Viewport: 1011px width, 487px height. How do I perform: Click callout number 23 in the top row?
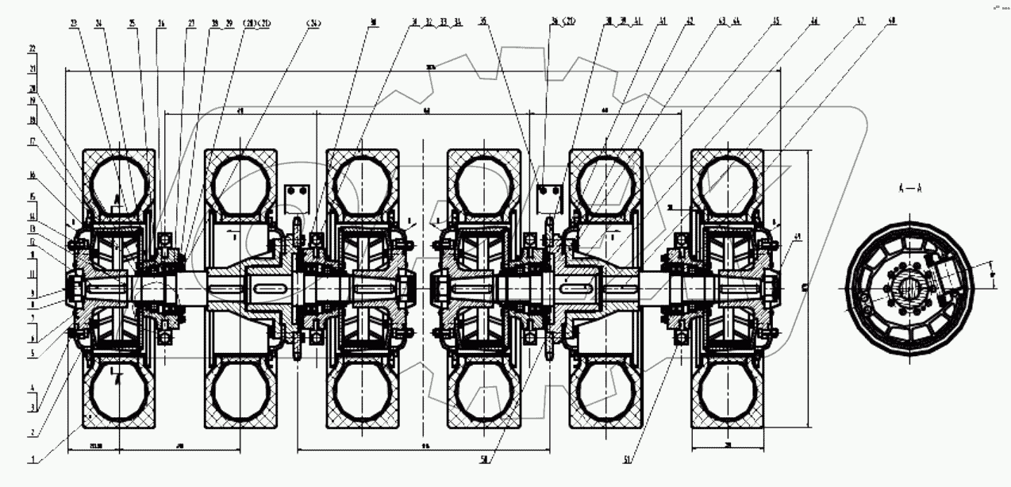pos(75,24)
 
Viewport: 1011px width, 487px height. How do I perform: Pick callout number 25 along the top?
pos(132,24)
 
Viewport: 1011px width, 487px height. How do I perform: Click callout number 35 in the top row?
pos(482,24)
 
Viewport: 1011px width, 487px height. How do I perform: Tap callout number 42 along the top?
pos(689,24)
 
